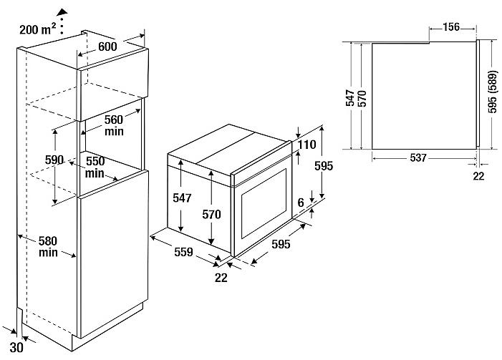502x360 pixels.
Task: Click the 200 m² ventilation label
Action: (38, 29)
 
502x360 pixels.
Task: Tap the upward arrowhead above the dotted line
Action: (62, 12)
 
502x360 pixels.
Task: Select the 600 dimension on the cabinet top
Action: (107, 47)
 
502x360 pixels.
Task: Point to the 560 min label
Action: (114, 125)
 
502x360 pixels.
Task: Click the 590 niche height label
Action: (54, 160)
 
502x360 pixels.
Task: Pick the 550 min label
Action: (95, 167)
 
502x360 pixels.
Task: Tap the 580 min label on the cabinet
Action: (48, 246)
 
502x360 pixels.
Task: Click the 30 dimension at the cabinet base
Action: (16, 348)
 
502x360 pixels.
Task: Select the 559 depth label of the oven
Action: (183, 252)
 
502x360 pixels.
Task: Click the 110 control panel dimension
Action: (307, 145)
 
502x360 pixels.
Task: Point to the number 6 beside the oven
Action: (301, 203)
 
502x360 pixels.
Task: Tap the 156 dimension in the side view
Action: (451, 27)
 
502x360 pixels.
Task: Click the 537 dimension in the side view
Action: (418, 157)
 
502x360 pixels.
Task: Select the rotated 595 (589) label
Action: (493, 92)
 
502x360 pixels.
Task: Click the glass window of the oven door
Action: (264, 204)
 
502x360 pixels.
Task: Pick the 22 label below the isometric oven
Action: (221, 278)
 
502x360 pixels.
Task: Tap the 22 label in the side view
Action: (478, 176)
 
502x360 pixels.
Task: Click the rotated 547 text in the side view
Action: (350, 97)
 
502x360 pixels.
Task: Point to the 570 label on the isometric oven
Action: (212, 214)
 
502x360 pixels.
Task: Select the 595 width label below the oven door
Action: (281, 244)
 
